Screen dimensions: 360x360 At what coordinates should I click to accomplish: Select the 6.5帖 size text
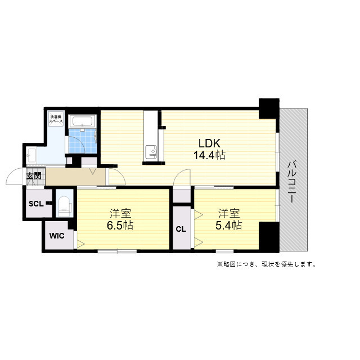(x=121, y=226)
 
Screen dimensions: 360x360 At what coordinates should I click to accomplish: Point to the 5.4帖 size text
(x=229, y=226)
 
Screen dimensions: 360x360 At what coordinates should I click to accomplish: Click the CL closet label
(x=181, y=229)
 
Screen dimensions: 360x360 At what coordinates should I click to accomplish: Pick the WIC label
(x=57, y=236)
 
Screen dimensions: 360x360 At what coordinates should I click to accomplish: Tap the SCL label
(x=36, y=203)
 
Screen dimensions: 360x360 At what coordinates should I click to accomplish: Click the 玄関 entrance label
(x=34, y=176)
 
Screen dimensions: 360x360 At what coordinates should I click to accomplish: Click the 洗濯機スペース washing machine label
(x=55, y=119)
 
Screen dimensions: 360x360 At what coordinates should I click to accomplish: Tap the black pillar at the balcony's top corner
(x=268, y=107)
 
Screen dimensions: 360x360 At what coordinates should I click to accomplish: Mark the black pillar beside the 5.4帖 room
(x=268, y=237)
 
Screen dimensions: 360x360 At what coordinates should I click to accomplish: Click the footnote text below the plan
(x=266, y=264)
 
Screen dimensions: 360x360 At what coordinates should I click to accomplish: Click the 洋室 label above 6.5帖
(x=121, y=214)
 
